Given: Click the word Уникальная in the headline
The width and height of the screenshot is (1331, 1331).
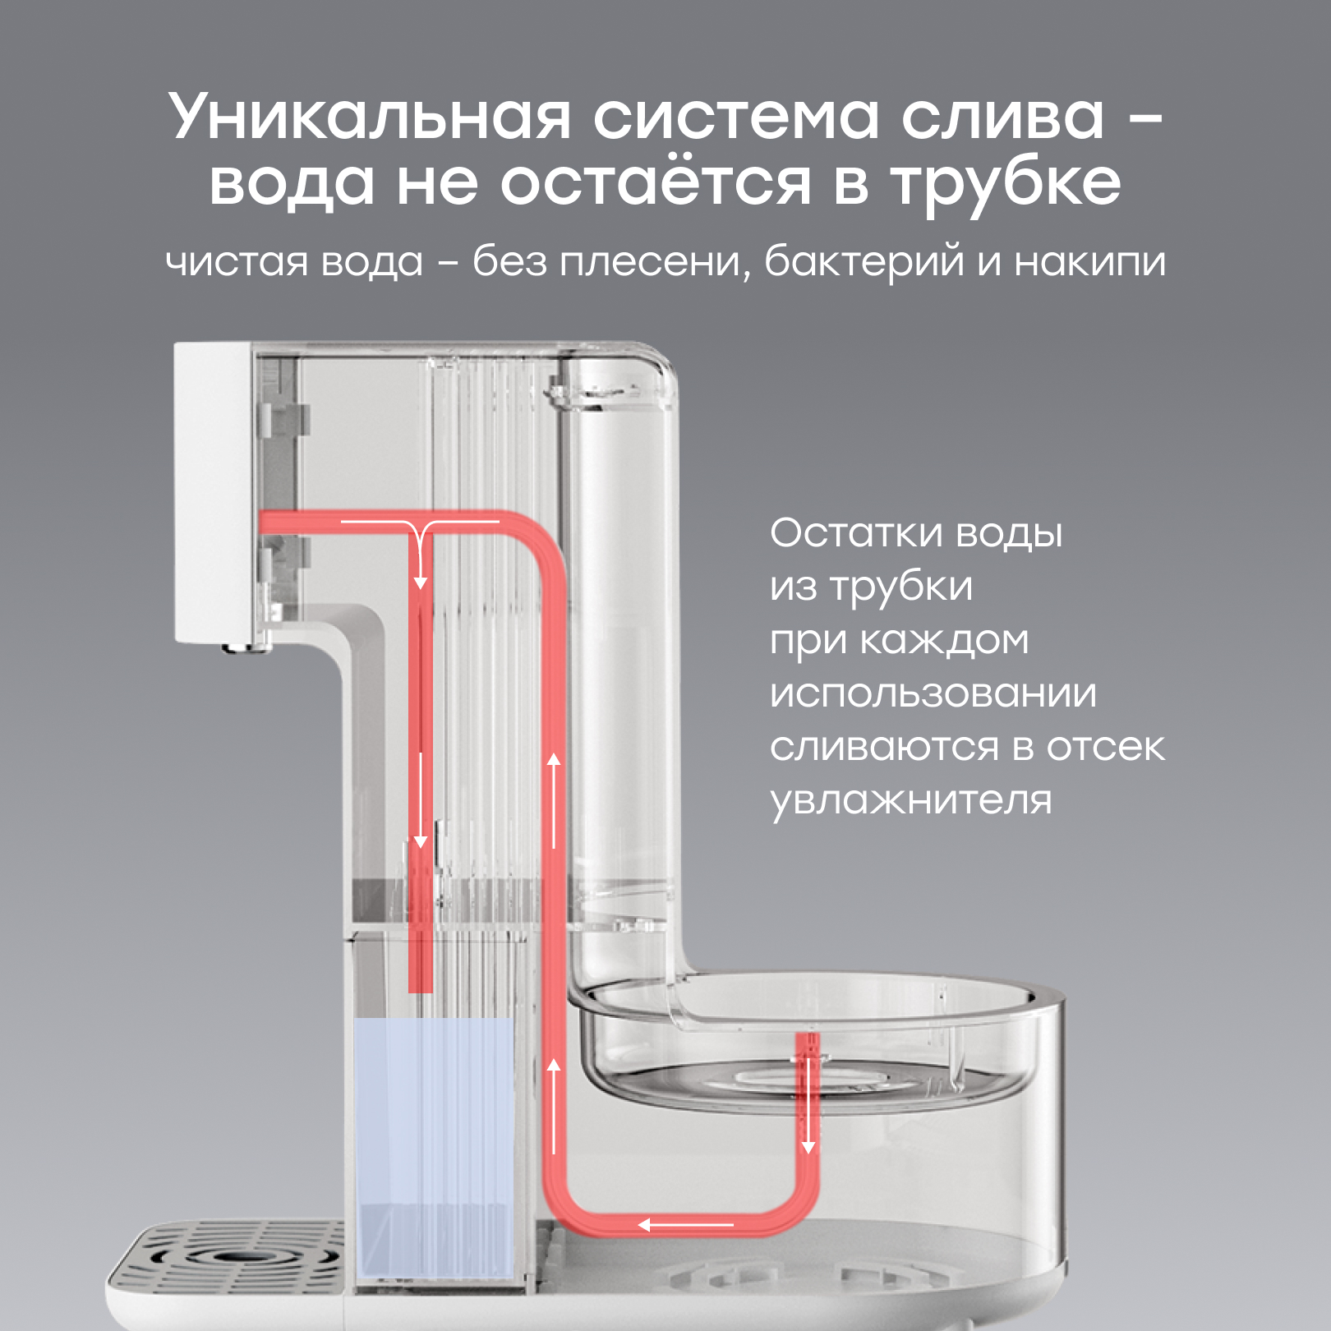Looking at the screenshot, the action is click(370, 117).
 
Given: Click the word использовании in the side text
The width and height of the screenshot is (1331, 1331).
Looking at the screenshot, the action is click(933, 693).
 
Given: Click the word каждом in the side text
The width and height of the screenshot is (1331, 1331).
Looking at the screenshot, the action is click(944, 641).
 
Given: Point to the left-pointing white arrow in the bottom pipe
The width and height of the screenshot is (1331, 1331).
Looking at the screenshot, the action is click(686, 1225).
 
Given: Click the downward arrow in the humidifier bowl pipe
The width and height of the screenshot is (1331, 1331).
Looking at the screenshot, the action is click(808, 1105).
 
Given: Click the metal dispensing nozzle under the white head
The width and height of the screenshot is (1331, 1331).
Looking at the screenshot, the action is click(246, 647).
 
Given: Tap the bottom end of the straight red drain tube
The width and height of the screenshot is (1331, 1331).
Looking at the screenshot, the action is click(421, 991).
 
